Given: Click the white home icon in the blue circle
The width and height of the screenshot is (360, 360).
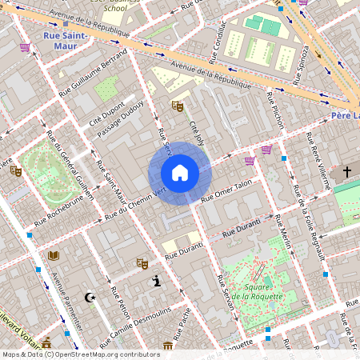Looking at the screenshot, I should tap(180, 173).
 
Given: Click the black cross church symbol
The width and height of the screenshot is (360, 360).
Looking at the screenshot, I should tap(347, 171).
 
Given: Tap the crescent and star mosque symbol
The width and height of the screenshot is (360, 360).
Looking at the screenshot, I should tap(90, 298).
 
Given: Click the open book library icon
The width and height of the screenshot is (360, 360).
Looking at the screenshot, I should tap(54, 255).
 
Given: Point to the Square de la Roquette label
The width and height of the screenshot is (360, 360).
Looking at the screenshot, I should tap(257, 291).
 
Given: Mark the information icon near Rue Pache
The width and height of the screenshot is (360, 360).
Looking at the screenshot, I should tap(158, 281).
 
